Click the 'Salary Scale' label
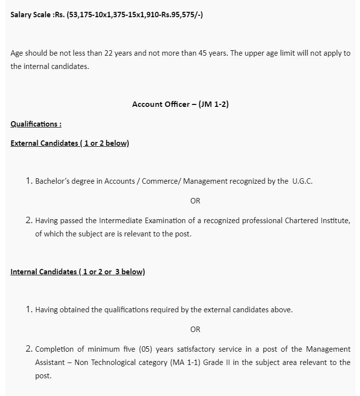[x=30, y=15]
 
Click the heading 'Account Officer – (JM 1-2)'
[x=180, y=104]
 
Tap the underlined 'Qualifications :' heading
[x=36, y=124]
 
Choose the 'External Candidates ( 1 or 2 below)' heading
[x=69, y=143]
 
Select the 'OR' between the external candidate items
[x=195, y=201]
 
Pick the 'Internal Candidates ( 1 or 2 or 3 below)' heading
[x=77, y=272]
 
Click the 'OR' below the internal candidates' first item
[x=195, y=330]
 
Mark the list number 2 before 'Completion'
[x=29, y=349]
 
